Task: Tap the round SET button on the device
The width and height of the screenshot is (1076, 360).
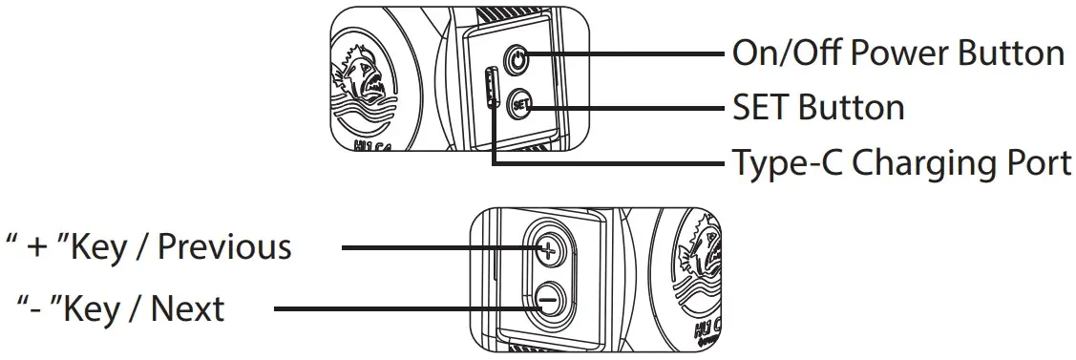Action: tap(518, 104)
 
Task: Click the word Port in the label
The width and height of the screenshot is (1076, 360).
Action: tap(1034, 163)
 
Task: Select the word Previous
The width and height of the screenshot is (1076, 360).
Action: tap(224, 247)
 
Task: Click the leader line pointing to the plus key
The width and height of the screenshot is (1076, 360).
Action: tap(439, 250)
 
